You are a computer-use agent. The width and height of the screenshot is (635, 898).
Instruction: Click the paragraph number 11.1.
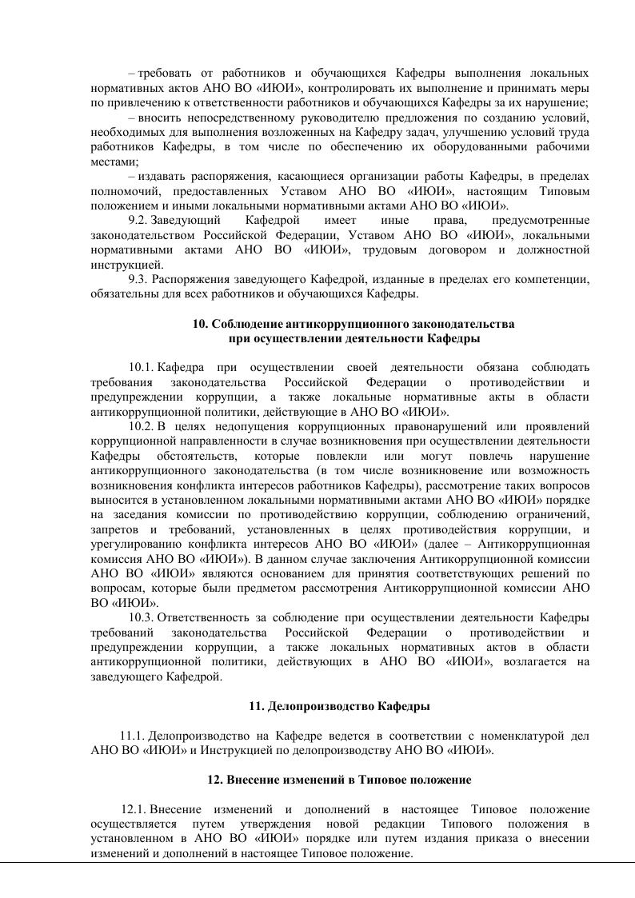(133, 736)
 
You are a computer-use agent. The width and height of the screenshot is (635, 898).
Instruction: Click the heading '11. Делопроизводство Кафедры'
(339, 706)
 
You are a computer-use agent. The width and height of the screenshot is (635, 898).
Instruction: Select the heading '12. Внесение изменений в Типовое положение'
(339, 780)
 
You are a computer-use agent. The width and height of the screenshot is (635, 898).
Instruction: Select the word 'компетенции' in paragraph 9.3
(556, 280)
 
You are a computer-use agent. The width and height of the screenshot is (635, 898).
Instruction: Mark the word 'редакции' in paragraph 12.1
(405, 824)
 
